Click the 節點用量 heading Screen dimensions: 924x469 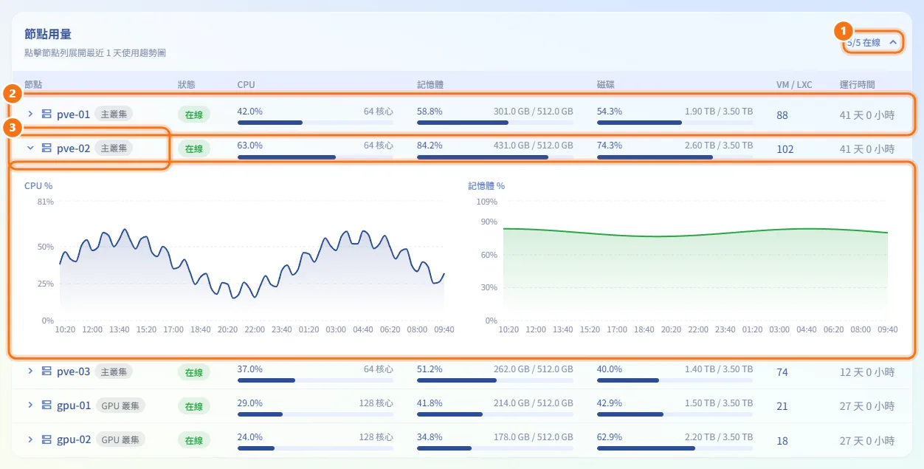pos(48,34)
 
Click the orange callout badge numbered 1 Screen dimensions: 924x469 pos(843,31)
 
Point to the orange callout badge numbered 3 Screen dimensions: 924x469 pos(13,128)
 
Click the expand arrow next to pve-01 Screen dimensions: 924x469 pos(30,114)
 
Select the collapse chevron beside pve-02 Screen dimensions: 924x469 pos(30,148)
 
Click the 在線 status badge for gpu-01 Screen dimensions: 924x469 pos(194,406)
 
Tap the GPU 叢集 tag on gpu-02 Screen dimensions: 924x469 pos(120,439)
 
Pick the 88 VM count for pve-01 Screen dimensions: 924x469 pos(782,115)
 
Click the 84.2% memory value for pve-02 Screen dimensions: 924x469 pos(430,146)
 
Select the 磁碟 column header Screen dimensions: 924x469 pos(606,85)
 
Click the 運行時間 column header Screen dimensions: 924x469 pos(857,85)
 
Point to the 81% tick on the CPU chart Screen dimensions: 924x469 pos(45,202)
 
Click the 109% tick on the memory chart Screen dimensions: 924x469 pos(487,202)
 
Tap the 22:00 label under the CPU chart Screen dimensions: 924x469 pos(255,329)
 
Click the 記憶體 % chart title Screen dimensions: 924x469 pos(486,186)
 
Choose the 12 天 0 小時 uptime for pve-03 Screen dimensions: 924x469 pos(867,372)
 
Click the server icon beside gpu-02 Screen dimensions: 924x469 pos(46,439)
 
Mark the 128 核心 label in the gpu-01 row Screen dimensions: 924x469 pos(376,403)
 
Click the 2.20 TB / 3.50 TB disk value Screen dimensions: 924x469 pos(719,437)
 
